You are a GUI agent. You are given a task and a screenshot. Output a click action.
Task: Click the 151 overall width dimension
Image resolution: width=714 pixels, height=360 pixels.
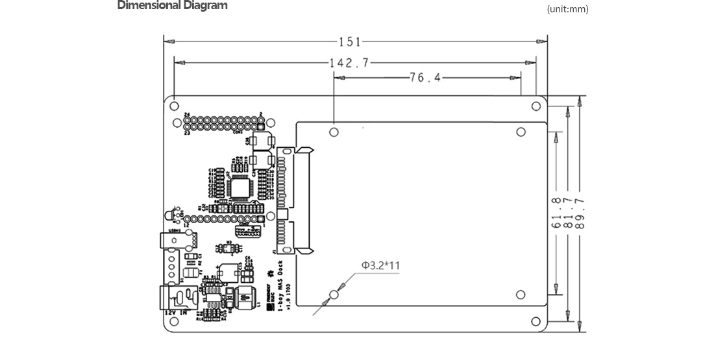click(349, 42)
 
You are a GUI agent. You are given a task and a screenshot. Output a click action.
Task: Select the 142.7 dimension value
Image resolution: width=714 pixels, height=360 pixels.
click(349, 63)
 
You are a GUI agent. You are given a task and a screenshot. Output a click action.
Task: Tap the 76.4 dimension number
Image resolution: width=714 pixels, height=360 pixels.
click(425, 78)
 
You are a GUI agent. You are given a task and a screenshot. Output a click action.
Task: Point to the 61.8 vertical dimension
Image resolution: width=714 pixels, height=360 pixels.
click(556, 213)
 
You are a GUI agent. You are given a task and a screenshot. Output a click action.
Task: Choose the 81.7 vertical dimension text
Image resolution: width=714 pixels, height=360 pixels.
click(568, 213)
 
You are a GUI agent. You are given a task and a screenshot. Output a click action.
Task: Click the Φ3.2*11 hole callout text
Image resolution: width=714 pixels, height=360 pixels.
click(381, 265)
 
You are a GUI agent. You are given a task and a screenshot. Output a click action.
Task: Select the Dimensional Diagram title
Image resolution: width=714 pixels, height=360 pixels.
click(172, 6)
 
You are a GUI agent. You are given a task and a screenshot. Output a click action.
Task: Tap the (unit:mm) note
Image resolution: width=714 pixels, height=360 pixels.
click(567, 9)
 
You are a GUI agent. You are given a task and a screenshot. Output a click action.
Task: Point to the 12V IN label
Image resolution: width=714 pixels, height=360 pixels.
click(178, 313)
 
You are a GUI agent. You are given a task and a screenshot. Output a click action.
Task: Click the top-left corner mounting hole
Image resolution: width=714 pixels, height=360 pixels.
click(175, 106)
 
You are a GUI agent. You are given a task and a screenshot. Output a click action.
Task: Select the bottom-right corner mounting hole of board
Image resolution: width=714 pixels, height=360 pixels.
click(535, 322)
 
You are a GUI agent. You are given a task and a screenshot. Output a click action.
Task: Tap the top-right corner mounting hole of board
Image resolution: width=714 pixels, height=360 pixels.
click(535, 106)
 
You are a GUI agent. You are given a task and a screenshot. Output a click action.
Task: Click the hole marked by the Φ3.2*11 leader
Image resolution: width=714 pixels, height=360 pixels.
click(334, 295)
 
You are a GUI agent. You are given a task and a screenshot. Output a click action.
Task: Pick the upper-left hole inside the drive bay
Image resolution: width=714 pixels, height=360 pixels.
click(334, 132)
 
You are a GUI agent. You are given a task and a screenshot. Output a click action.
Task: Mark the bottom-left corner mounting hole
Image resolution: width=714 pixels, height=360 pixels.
click(175, 322)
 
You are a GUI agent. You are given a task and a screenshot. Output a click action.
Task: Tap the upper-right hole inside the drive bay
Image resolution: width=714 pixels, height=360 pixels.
click(521, 132)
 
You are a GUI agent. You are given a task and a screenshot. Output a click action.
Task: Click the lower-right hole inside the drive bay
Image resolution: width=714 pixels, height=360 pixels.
click(521, 295)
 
